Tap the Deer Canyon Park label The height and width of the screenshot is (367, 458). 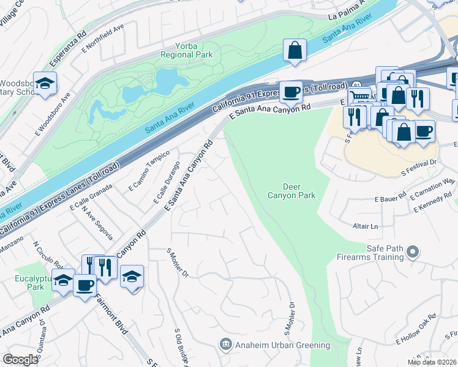291,191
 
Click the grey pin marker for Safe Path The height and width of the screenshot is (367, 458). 413,252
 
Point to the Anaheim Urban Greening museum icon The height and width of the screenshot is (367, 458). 225,345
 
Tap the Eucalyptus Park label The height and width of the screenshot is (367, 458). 30,282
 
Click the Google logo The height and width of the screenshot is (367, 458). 20,359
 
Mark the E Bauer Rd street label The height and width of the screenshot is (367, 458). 391,198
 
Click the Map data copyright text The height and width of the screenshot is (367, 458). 432,362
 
